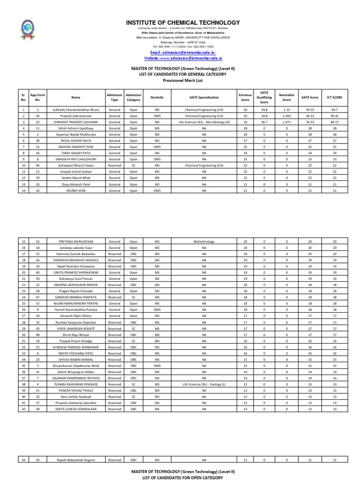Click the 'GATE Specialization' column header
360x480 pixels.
202,97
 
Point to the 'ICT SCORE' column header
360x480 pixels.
335,97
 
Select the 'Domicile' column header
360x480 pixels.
157,97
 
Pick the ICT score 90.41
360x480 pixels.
335,115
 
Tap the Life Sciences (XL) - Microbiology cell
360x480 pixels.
202,121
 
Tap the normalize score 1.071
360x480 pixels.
286,121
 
